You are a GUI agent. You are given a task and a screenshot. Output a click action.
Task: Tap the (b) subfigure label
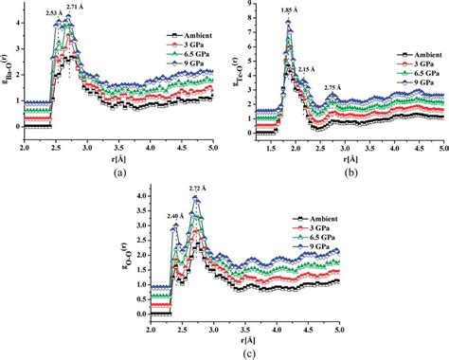coord(347,172)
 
